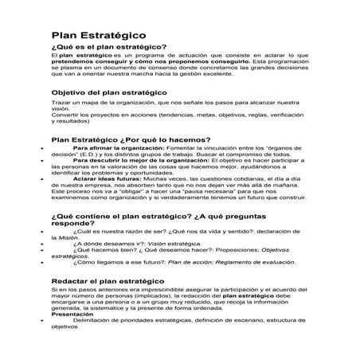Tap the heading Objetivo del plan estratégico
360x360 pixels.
108,94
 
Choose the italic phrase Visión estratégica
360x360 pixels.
168,245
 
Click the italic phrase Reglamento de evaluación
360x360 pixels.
249,261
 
